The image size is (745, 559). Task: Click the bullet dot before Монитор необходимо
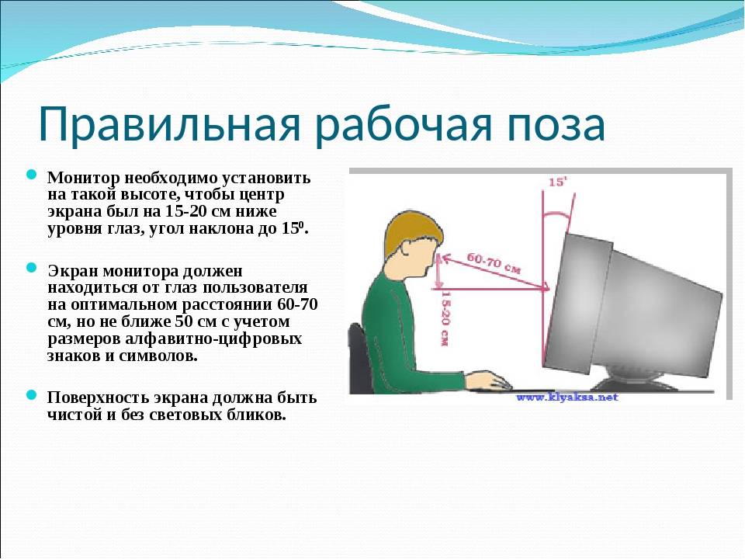point(31,175)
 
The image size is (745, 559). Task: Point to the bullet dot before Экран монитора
point(31,268)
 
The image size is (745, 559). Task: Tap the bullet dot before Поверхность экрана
point(31,394)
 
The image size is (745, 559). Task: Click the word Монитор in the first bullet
point(84,179)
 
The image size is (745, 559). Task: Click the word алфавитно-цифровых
point(214,339)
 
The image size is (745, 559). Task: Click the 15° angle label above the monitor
point(558,182)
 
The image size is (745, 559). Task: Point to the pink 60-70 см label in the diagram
point(494,263)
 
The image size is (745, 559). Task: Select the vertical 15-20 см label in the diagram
point(445,318)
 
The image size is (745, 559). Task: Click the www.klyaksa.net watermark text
point(567,397)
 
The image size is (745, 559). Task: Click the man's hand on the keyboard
point(487,380)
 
